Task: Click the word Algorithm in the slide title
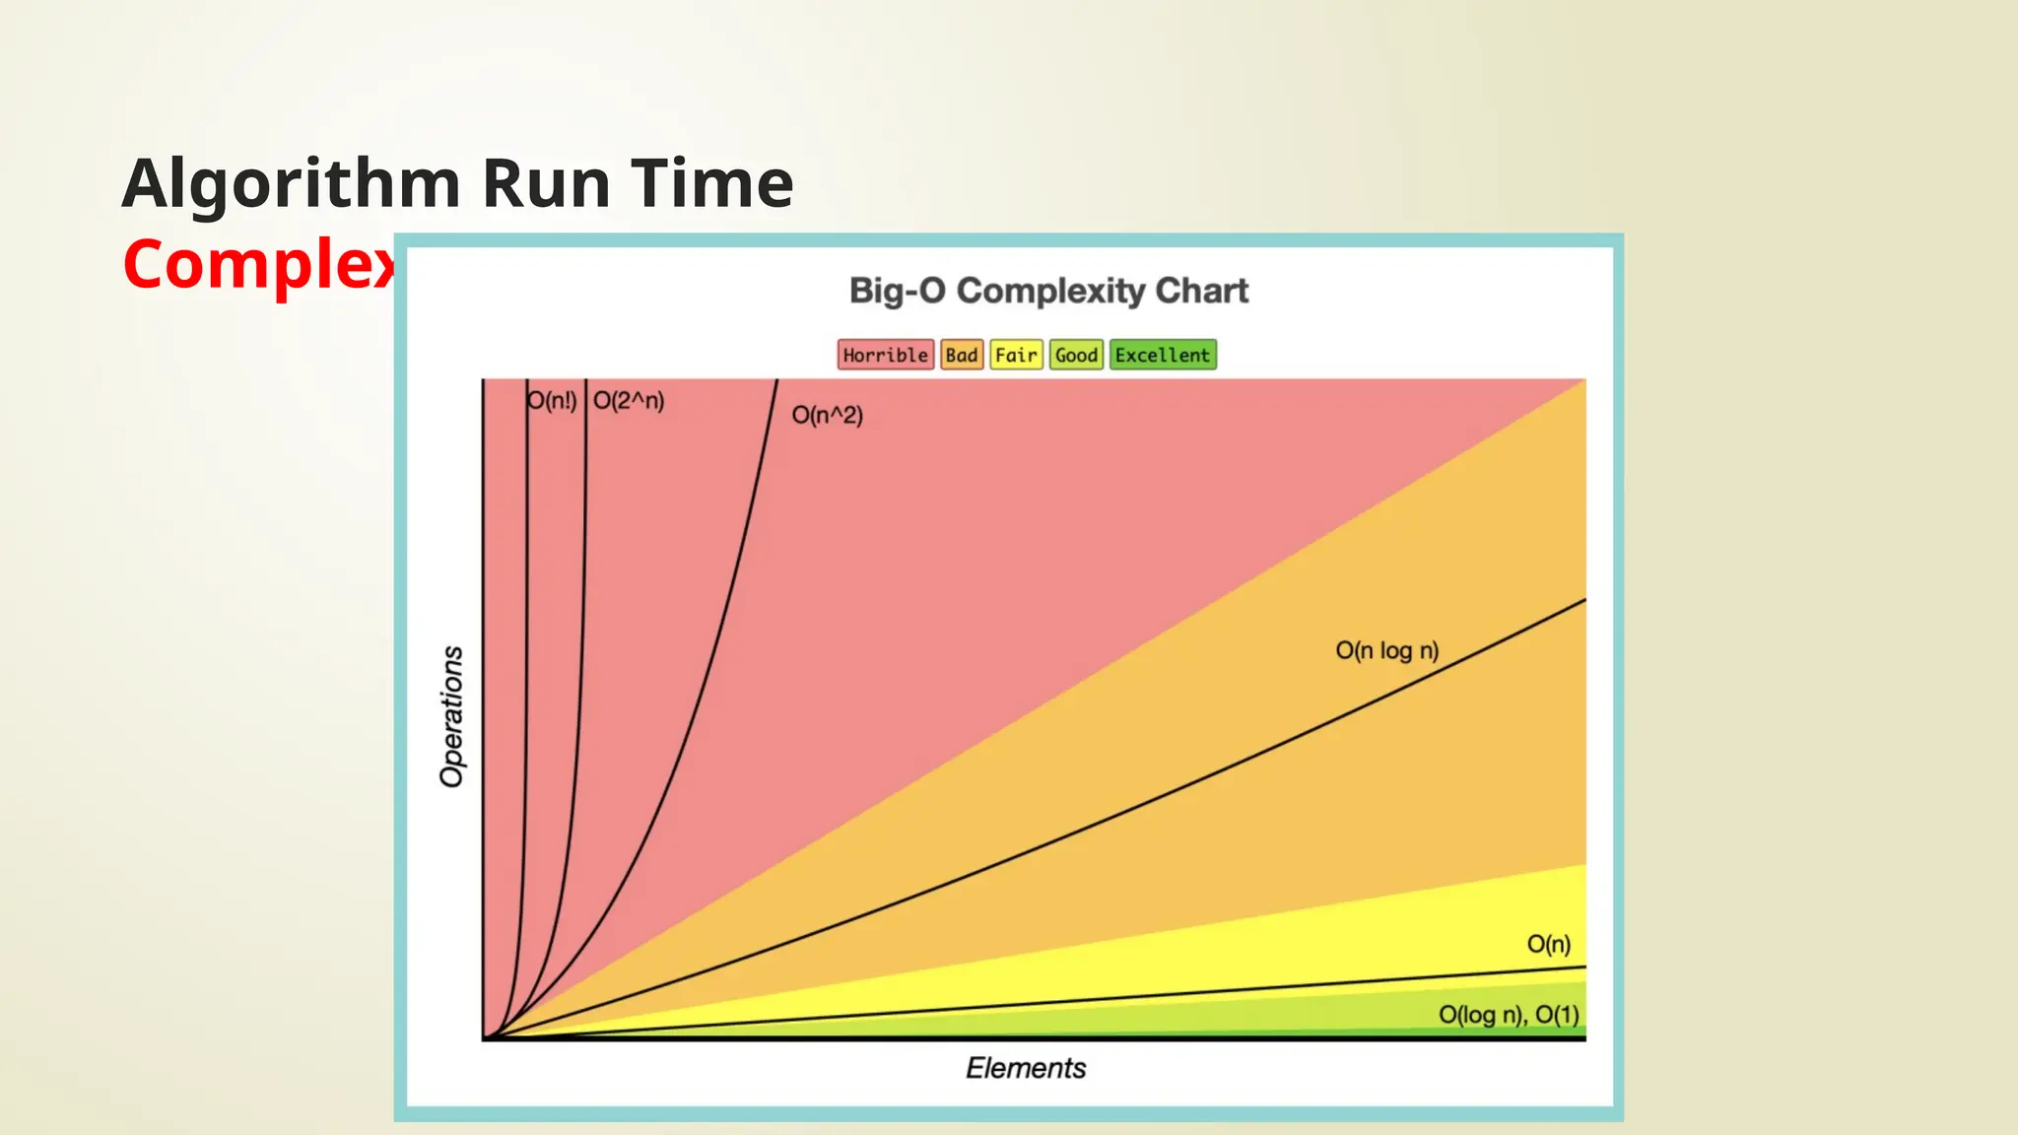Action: point(291,185)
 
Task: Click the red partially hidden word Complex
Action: point(258,266)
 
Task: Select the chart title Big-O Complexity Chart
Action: point(1048,291)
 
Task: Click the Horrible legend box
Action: point(885,355)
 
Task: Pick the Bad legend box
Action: point(961,355)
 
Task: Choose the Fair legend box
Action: point(1016,355)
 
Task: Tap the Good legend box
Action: point(1076,355)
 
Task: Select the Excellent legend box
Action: point(1163,355)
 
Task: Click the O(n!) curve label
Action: point(552,401)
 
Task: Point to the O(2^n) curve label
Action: point(629,401)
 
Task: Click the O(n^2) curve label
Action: point(827,415)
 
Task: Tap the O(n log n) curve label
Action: point(1386,650)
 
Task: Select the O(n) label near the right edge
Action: point(1548,944)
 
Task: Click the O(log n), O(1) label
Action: point(1509,1015)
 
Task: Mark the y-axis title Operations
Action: point(451,716)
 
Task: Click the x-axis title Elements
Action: point(1025,1068)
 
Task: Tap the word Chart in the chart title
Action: point(1201,291)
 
